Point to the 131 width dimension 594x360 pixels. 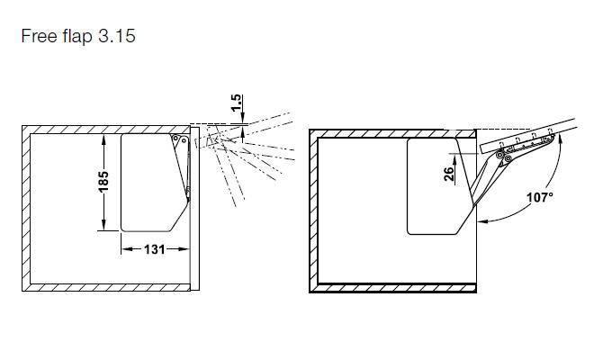click(x=155, y=250)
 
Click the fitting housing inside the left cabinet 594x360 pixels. click(x=153, y=180)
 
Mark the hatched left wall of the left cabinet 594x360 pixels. click(x=24, y=207)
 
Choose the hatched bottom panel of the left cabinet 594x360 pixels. click(x=108, y=288)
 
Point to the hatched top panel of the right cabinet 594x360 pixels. click(x=387, y=133)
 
